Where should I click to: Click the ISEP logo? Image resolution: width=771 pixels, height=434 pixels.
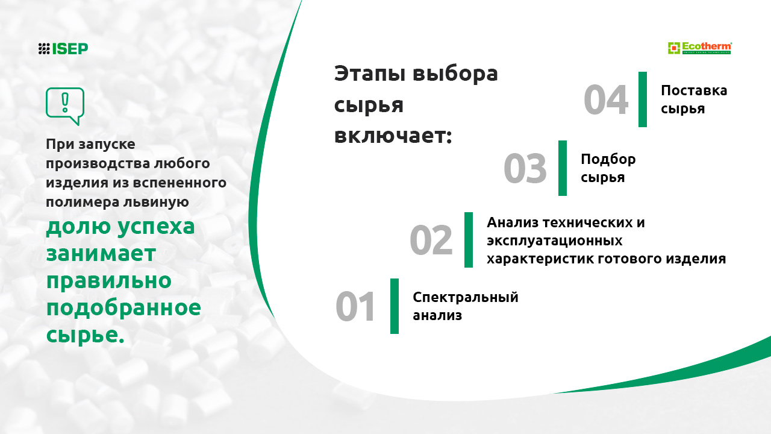click(63, 49)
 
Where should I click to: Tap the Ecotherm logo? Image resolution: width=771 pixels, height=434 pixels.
click(700, 48)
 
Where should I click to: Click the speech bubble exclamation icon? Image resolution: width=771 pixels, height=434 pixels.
click(65, 106)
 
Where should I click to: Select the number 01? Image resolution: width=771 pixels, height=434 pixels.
click(355, 306)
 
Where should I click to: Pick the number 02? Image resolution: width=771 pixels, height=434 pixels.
click(431, 240)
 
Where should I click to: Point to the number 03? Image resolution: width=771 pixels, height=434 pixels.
click(525, 168)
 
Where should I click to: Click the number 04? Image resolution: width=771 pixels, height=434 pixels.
click(606, 99)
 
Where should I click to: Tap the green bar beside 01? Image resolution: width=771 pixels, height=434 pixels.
click(395, 306)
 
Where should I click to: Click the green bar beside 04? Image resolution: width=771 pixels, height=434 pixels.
click(643, 99)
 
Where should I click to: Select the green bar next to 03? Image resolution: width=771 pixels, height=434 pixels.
click(563, 168)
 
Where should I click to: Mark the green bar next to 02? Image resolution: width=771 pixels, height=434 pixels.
click(469, 240)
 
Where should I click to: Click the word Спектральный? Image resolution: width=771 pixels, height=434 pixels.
click(466, 298)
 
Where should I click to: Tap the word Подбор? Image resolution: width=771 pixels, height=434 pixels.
click(608, 160)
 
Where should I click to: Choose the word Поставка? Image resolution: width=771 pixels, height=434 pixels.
click(694, 90)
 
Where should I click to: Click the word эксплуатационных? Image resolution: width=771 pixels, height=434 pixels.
click(555, 241)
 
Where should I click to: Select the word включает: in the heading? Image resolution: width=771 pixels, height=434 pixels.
click(393, 136)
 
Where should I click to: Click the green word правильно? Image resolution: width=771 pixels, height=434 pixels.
click(109, 281)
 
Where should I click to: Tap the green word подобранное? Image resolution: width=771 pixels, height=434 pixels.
click(123, 308)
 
